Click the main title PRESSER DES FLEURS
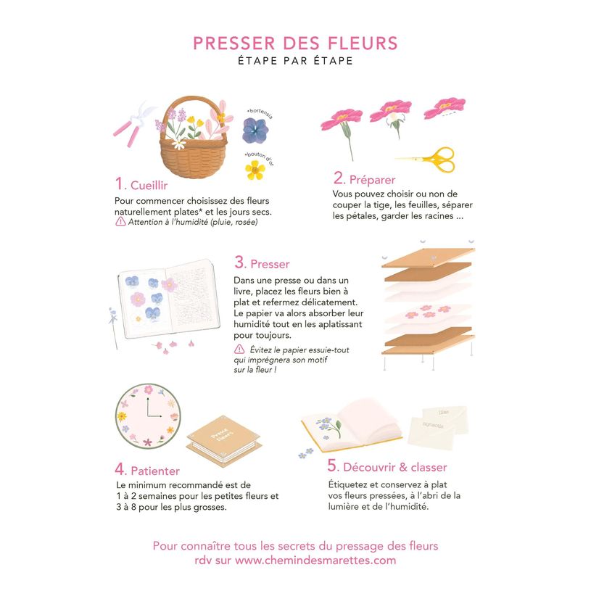295,43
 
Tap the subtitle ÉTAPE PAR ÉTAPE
295,61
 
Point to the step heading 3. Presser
262,263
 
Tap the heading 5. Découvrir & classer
387,467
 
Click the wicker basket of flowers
192,138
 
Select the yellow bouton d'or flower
255,170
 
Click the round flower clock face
148,416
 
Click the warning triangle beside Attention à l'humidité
120,222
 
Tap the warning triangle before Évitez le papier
239,349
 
